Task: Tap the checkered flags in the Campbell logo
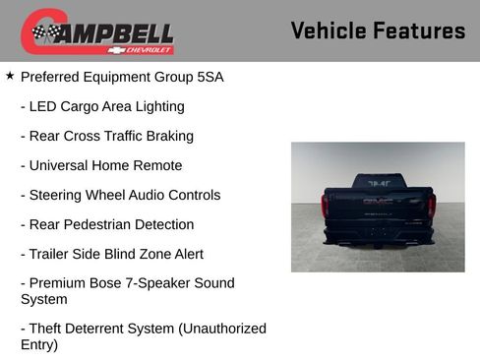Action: pos(45,32)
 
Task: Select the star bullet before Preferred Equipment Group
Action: pos(10,76)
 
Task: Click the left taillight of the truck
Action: pos(327,205)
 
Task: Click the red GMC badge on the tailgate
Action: pos(379,201)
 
